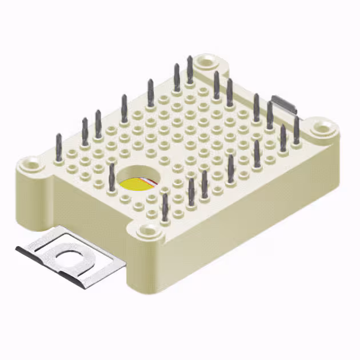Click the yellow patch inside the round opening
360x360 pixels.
[133, 184]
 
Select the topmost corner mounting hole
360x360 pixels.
[206, 59]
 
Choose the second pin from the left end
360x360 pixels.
[85, 130]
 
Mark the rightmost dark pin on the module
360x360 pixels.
[297, 128]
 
